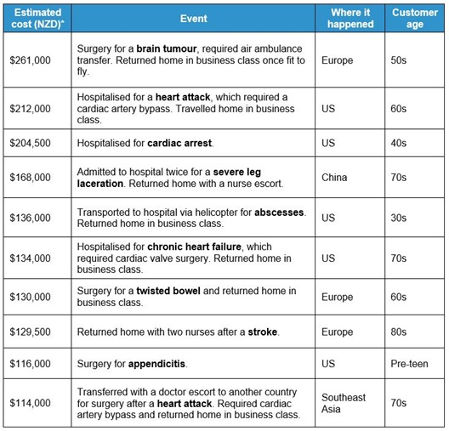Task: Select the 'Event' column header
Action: pos(193,18)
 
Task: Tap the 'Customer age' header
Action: pos(415,18)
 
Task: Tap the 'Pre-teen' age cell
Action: pos(410,364)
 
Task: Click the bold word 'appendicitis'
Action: pos(157,364)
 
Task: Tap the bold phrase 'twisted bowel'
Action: pos(170,291)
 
